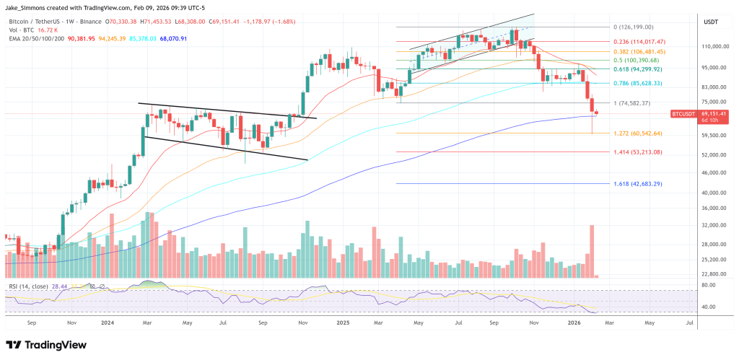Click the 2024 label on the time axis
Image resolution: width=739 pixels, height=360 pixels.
(x=108, y=324)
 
